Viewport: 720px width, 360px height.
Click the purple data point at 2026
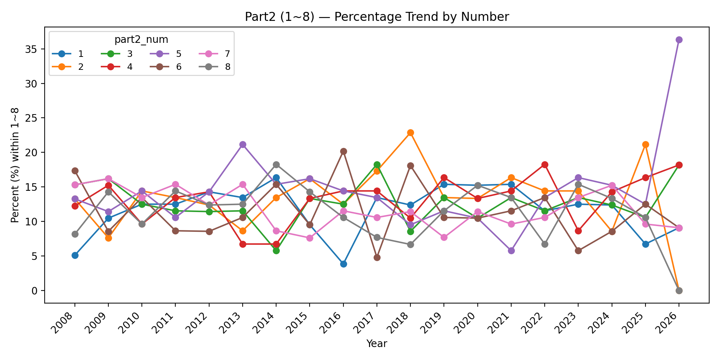coord(679,40)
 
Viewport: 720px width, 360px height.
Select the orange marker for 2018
coord(410,132)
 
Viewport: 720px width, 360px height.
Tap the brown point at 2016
coord(343,151)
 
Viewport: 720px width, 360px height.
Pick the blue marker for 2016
coord(343,264)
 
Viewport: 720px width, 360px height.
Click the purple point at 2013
coord(243,144)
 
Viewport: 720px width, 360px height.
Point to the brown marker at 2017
coord(377,257)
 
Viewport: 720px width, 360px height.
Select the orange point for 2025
coord(645,144)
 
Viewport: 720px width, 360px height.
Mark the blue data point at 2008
coord(75,255)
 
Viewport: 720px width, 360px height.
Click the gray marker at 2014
coord(276,165)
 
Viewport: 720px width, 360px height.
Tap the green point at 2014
coord(276,251)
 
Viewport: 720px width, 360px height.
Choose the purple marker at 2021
coord(511,251)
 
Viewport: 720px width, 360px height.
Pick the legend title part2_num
coord(141,40)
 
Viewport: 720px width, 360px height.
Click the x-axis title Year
coord(377,344)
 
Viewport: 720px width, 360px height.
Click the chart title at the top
coord(377,17)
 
